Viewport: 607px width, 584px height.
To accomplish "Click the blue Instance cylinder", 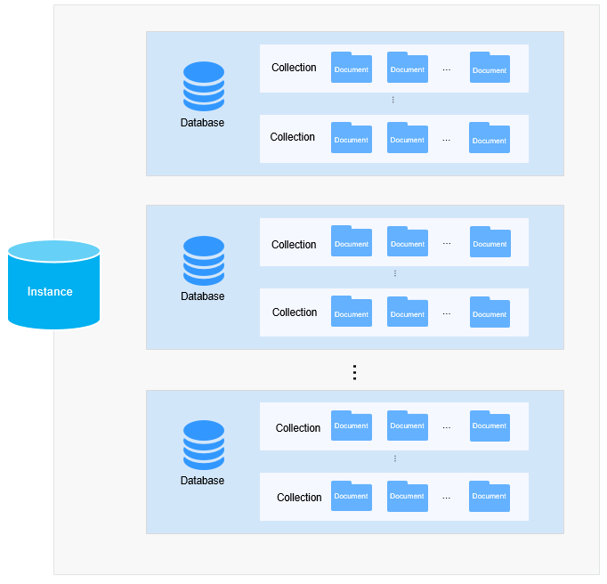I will [53, 285].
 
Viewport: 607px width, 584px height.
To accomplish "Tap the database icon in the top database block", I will [204, 86].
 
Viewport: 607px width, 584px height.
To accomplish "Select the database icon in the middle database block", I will [204, 260].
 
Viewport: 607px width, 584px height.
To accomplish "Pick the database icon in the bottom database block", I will [204, 444].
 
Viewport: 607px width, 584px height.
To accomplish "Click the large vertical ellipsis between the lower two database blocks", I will [354, 372].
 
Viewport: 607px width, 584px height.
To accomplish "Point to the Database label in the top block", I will [203, 123].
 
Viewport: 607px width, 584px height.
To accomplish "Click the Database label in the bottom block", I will [203, 481].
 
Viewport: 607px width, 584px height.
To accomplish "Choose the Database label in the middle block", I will [203, 296].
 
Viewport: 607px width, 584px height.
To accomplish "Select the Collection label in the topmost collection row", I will [294, 68].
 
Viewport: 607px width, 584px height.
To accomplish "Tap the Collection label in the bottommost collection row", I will [299, 498].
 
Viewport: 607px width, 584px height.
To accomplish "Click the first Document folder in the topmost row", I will [352, 68].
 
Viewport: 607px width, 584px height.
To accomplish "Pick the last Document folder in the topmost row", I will [490, 68].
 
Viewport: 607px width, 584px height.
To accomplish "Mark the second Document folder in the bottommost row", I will [408, 496].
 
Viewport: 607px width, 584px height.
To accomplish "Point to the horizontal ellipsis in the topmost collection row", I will [447, 69].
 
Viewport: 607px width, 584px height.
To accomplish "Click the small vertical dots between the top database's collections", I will [393, 100].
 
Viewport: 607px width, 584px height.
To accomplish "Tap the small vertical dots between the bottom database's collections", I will [394, 458].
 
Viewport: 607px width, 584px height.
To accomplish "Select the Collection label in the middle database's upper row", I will [294, 245].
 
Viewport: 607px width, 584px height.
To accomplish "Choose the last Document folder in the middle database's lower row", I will [490, 312].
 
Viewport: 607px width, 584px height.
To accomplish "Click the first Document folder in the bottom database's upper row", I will [352, 426].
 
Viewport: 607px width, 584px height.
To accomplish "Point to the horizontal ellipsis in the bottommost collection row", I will [447, 498].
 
